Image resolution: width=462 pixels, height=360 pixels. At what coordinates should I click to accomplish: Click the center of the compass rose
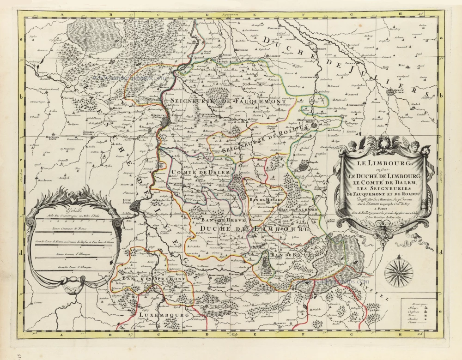pyautogui.click(x=399, y=273)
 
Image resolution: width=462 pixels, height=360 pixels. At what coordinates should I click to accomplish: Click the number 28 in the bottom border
pyautogui.click(x=419, y=335)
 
